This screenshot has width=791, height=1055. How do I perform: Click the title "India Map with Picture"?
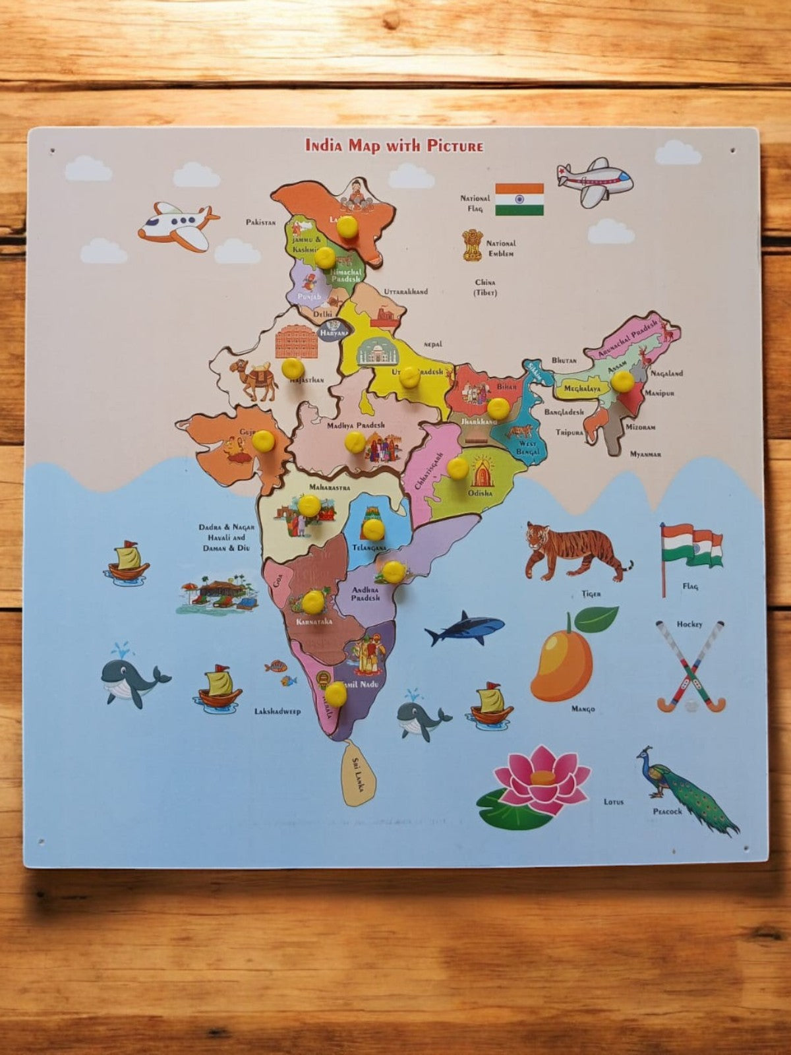point(394,145)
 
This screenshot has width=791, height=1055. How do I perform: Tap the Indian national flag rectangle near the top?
point(519,199)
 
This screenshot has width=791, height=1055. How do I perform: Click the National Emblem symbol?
point(472,245)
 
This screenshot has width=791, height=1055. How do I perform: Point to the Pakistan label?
point(260,222)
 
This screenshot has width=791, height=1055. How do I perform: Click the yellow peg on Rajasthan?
point(293,368)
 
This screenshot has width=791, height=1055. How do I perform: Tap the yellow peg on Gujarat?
point(263,440)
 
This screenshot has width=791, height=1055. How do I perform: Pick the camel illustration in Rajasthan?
point(255,380)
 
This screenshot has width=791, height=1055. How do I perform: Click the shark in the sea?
point(464,628)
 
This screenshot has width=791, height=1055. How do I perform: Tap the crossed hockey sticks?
point(690,667)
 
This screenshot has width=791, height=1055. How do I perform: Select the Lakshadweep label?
point(278,711)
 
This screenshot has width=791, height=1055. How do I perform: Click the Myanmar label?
point(645,454)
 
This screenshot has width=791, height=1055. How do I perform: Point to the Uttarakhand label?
point(405,291)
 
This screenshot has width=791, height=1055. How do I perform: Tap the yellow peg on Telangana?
point(373,528)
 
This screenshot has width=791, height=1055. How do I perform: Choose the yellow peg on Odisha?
point(457,467)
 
